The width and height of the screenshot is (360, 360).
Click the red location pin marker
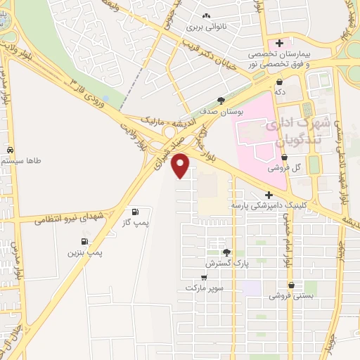(181, 165)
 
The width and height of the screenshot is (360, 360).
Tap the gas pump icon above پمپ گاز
(134, 212)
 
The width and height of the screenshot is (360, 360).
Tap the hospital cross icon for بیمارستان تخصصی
(279, 44)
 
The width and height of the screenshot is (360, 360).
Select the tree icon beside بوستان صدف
(222, 101)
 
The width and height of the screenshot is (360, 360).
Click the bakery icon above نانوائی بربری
(205, 17)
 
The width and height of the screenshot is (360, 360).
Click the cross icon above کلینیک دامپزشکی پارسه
(269, 195)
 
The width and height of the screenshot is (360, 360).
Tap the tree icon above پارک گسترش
(226, 252)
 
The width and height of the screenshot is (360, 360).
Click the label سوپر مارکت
(204, 288)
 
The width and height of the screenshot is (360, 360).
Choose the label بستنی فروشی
(290, 296)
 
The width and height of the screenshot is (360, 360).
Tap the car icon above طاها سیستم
(10, 150)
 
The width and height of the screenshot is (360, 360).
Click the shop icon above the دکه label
(280, 81)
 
